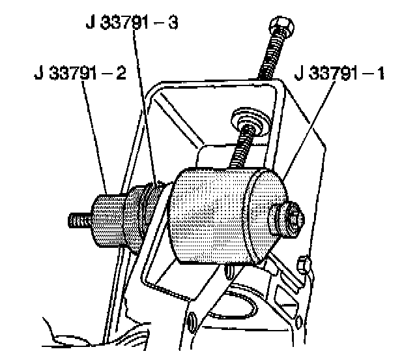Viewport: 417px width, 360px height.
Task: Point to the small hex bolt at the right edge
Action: coord(302,264)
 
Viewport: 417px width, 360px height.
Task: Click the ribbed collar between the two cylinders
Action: coord(147,205)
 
